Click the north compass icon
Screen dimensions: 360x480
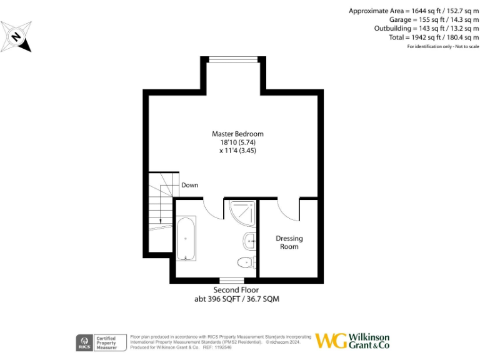tap(16, 36)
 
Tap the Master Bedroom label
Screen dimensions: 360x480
tap(237, 134)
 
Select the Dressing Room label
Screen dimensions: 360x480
tap(289, 242)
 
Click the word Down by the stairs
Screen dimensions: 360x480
tap(190, 186)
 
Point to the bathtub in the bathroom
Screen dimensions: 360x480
tap(186, 238)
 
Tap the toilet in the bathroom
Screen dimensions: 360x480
tap(246, 262)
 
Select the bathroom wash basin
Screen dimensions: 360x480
tap(249, 239)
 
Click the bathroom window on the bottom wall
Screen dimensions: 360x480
tap(231, 279)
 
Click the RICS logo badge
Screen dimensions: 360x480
tap(84, 342)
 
